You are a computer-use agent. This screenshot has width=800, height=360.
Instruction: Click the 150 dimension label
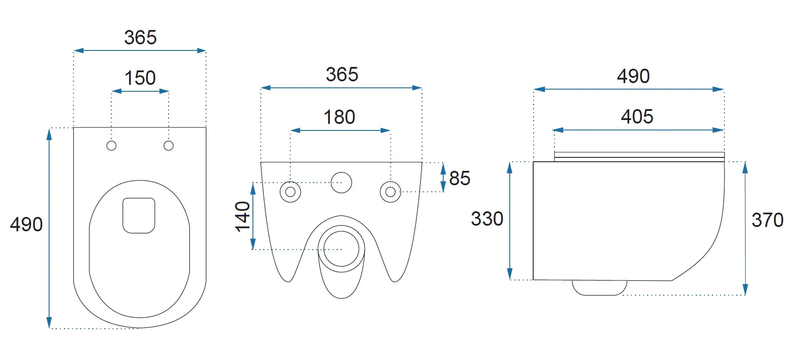140,78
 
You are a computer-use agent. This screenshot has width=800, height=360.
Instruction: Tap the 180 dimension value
339,117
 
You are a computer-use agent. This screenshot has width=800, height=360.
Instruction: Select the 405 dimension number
637,117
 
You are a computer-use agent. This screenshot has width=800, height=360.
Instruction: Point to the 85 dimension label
460,178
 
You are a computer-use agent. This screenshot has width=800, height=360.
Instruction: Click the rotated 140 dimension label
242,217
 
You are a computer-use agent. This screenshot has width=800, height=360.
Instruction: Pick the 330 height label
487,219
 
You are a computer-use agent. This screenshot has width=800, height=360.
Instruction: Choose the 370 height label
767,220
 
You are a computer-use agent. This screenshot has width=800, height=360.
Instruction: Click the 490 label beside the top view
27,225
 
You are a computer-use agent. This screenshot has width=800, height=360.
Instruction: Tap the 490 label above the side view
633,77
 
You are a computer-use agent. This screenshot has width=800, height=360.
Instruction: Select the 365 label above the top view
140,38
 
